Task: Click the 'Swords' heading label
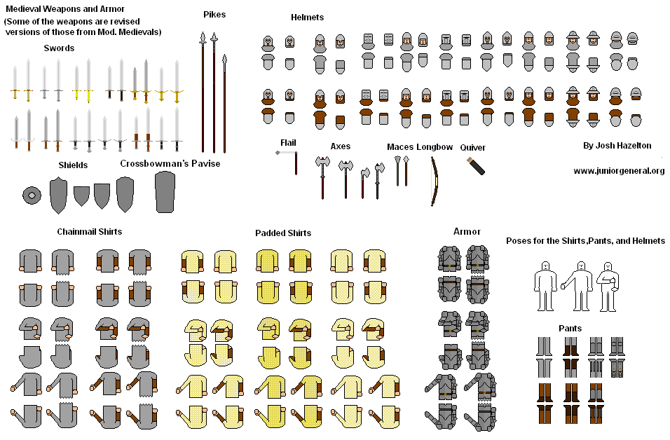(59, 48)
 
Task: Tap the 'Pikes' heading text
(214, 15)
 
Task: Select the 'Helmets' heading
(307, 17)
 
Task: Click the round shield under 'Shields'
(31, 195)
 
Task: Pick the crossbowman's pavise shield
(165, 191)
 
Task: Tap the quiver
(476, 167)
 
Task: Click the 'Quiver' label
(473, 148)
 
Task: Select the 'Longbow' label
(435, 147)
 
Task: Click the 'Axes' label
(341, 146)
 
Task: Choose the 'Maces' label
(399, 147)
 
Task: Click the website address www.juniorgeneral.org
(619, 171)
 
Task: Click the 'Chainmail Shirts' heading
(89, 232)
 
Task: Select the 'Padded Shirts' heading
(283, 233)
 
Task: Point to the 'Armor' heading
(467, 231)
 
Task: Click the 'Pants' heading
(570, 328)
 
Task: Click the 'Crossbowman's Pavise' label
(170, 163)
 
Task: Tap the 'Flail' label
(288, 143)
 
